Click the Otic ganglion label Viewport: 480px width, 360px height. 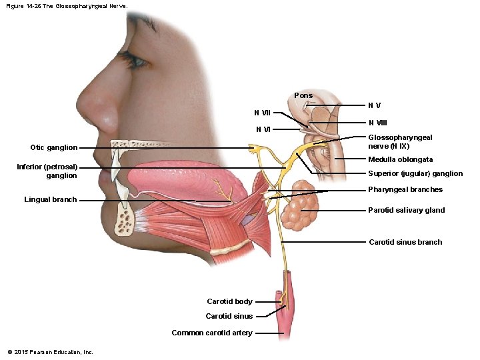tap(53, 147)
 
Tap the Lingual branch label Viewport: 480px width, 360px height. tap(50, 199)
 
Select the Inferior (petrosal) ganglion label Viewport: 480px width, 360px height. tap(47, 171)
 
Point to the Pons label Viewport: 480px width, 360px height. tap(303, 95)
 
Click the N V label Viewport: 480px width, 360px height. tap(375, 105)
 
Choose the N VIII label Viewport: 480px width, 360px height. tap(377, 123)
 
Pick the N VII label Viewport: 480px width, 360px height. tap(262, 112)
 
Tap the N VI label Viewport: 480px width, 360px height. tap(263, 129)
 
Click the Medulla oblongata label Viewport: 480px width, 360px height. tap(401, 159)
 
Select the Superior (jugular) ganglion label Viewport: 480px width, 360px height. tap(415, 173)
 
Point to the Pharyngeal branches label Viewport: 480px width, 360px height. tap(405, 189)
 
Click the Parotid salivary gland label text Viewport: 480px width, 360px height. tap(406, 210)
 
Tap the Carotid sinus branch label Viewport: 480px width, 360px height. tap(405, 242)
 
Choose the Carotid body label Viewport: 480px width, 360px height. tap(229, 301)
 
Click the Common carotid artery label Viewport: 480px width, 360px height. tap(212, 333)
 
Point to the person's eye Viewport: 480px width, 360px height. tap(137, 62)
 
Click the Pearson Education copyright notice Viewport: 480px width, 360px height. tap(50, 352)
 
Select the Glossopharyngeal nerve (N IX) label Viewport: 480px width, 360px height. tap(400, 141)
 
